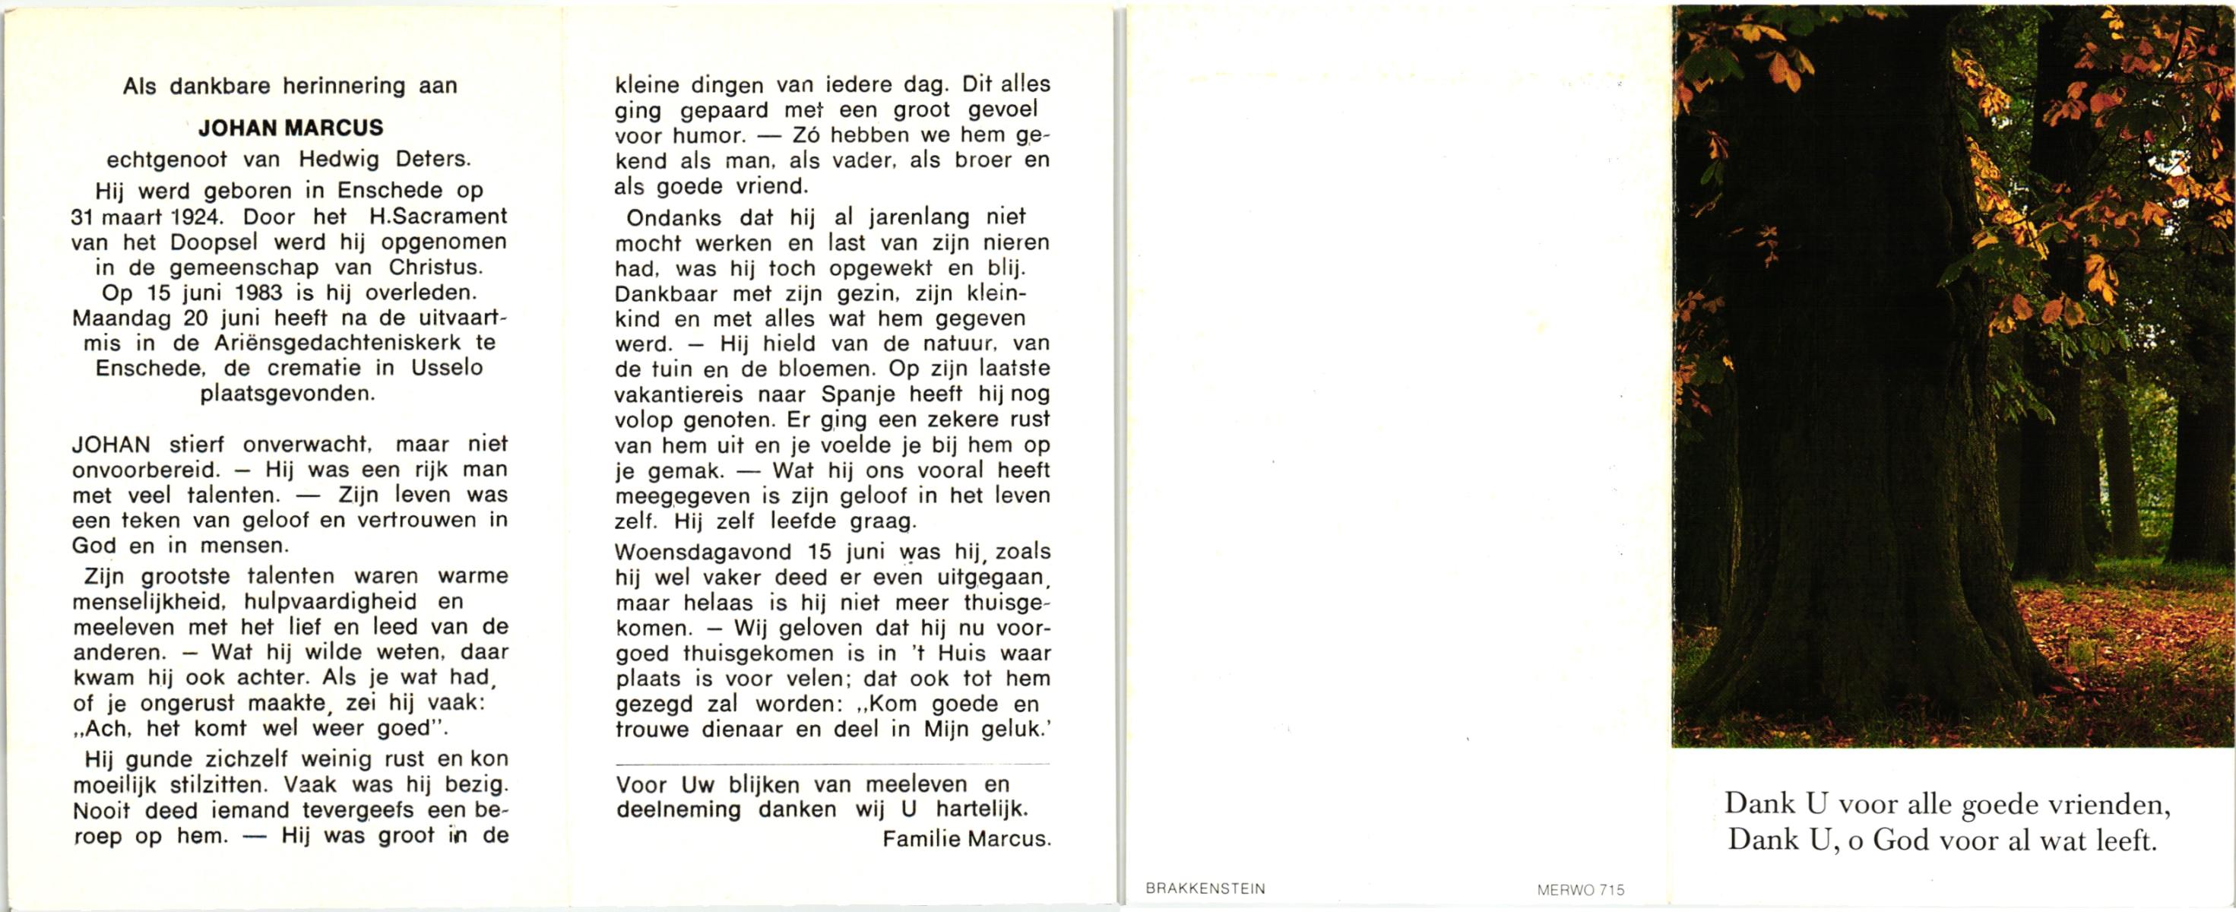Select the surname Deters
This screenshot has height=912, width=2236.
point(432,160)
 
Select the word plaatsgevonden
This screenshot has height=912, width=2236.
point(288,394)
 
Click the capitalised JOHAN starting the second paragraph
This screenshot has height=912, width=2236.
point(111,445)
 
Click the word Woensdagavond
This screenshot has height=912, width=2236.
point(703,552)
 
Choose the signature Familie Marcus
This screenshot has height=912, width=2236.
point(966,839)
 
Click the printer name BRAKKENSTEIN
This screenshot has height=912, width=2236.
point(1205,888)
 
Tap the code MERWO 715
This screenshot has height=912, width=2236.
point(1580,889)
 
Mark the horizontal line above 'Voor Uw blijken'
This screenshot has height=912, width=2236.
point(831,764)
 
